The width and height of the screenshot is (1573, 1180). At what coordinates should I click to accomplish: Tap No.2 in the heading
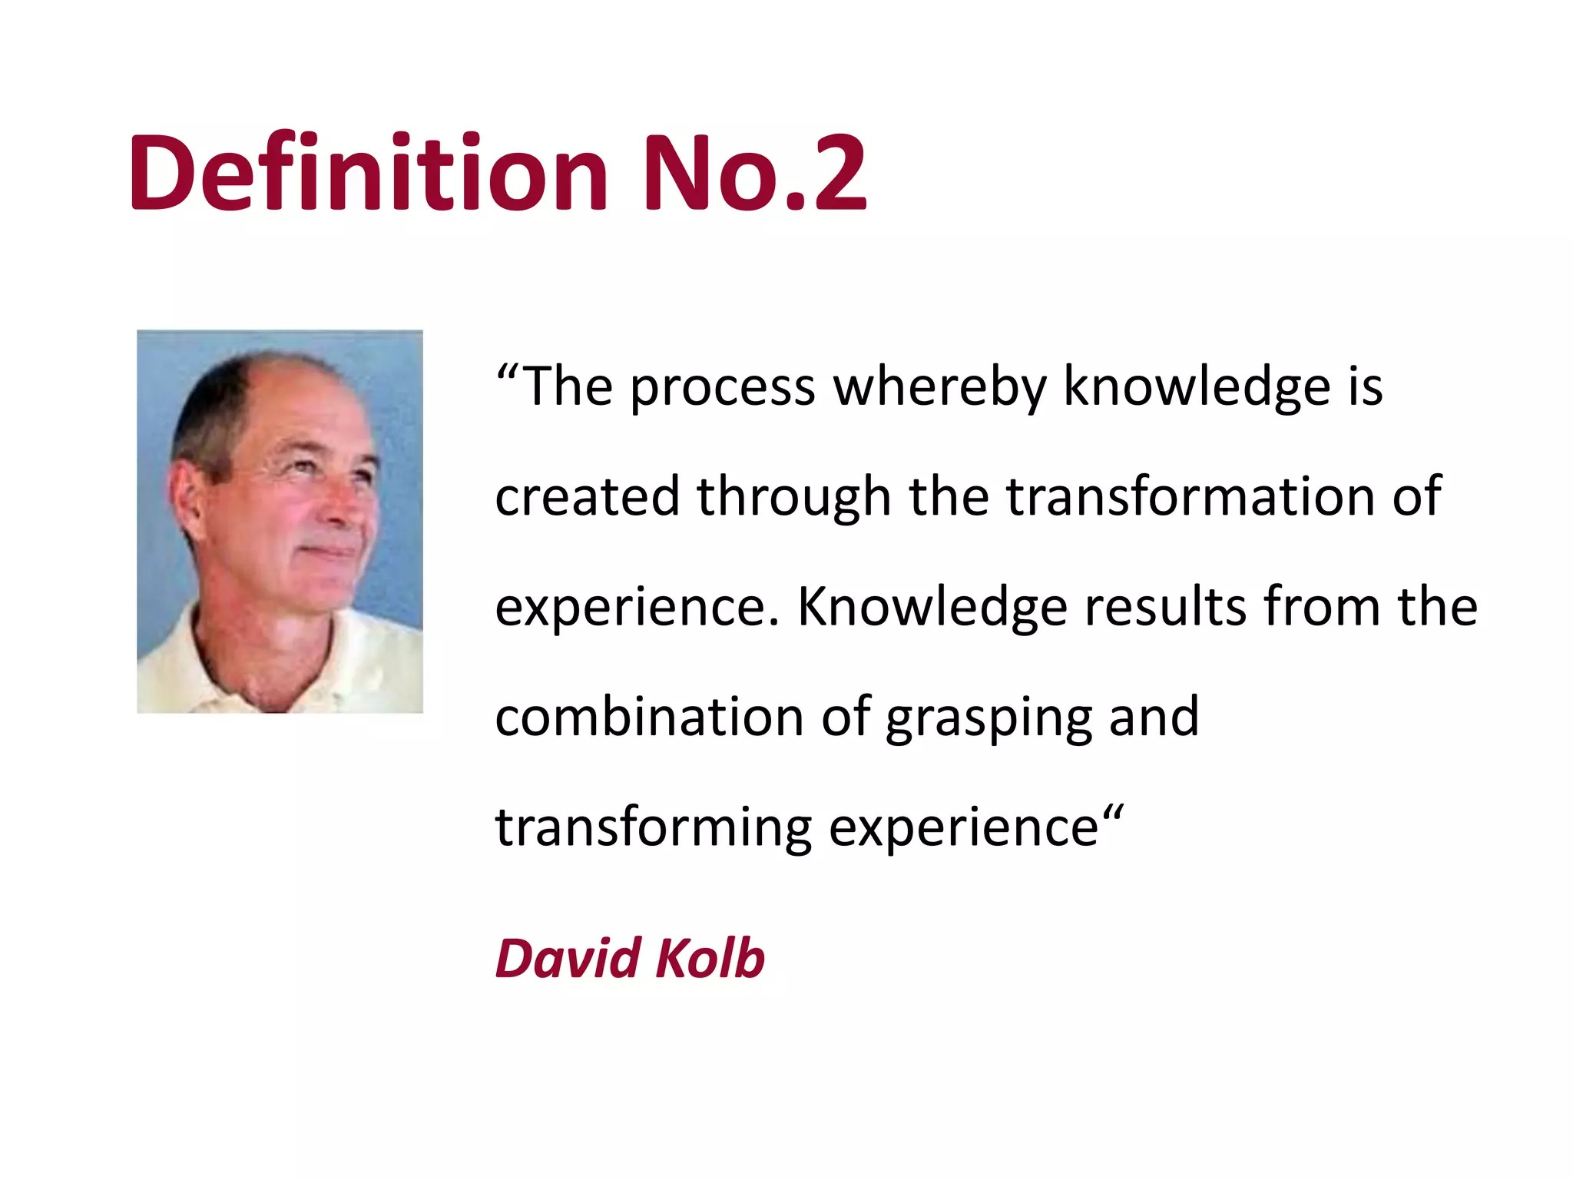click(x=754, y=173)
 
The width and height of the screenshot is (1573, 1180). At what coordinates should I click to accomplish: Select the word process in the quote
click(x=723, y=388)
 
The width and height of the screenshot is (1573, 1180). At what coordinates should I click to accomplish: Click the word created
click(x=588, y=496)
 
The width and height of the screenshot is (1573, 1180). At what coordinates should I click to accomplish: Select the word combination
click(x=650, y=717)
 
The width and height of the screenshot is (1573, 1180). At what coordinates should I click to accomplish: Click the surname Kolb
click(x=710, y=959)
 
